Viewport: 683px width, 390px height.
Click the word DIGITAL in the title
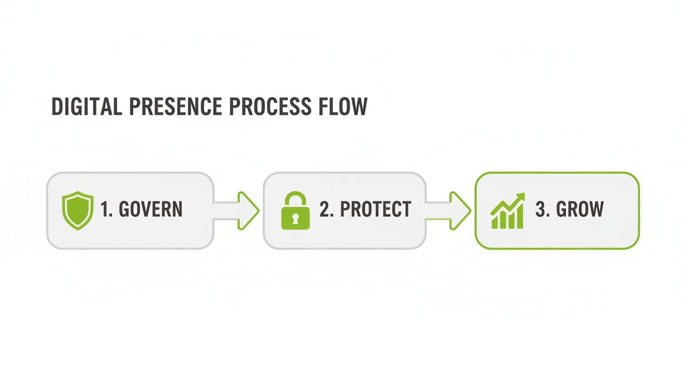click(86, 107)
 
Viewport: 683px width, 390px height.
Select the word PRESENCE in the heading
click(175, 107)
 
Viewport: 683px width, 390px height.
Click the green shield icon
click(78, 210)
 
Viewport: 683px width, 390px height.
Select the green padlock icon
click(295, 210)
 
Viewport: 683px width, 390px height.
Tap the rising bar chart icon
click(508, 210)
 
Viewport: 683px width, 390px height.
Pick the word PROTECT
click(375, 210)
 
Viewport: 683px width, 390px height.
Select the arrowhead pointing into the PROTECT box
click(250, 210)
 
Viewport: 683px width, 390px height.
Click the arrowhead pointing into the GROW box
click(461, 210)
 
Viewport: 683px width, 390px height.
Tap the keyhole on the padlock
click(295, 218)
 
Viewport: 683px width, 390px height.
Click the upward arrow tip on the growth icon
click(520, 197)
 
